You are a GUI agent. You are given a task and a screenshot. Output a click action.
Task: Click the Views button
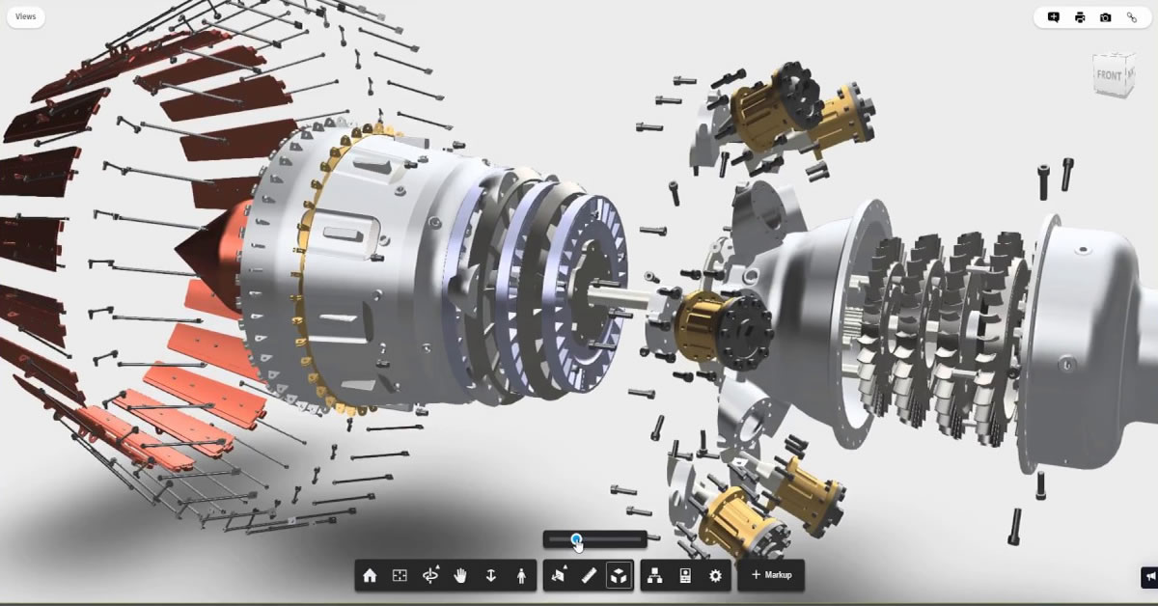[25, 16]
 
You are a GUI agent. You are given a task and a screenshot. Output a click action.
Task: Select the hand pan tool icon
[460, 575]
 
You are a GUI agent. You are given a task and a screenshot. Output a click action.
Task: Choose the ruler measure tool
[589, 575]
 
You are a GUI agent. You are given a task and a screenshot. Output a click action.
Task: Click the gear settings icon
[715, 575]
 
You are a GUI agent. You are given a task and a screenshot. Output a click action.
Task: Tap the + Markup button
[771, 575]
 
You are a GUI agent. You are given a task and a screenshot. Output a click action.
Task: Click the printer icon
[1080, 17]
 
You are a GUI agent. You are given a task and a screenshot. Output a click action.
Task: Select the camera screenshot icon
[1105, 17]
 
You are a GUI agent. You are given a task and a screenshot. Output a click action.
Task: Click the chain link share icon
[1131, 17]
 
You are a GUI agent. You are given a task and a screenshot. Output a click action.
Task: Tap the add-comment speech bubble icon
[1054, 17]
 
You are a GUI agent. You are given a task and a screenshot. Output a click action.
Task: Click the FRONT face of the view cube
[1109, 75]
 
